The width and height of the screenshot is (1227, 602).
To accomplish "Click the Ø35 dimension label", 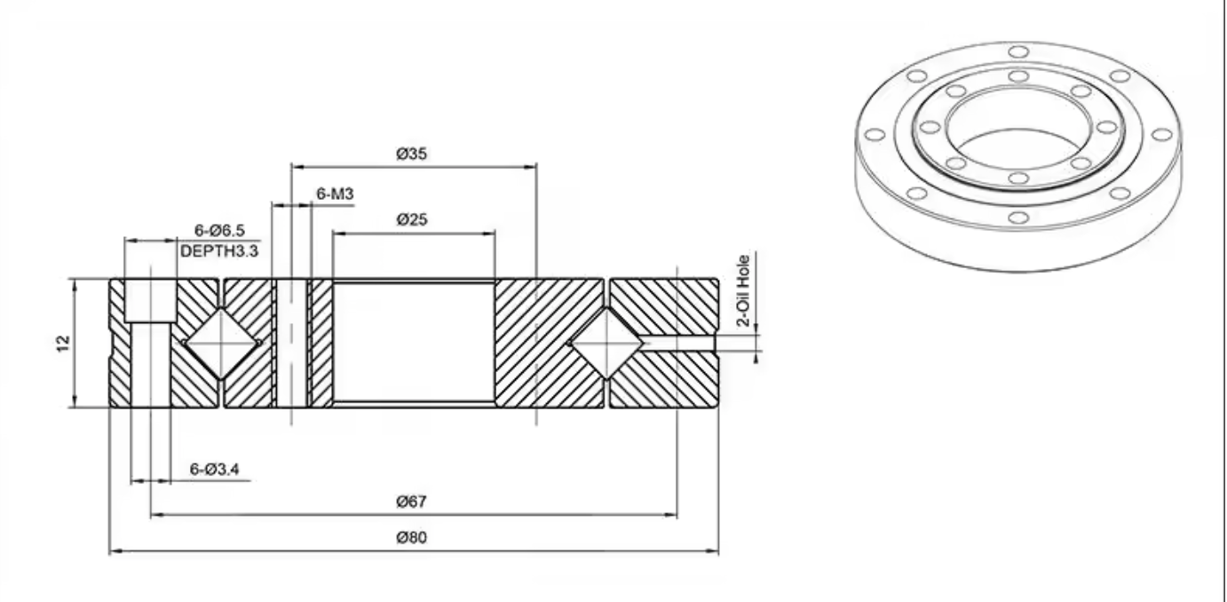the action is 411,154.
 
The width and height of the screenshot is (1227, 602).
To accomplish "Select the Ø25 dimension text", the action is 411,219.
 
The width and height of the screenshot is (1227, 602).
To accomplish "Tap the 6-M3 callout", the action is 336,194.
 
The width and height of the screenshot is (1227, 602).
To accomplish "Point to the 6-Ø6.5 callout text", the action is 219,231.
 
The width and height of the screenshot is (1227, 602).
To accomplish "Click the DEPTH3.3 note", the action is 219,251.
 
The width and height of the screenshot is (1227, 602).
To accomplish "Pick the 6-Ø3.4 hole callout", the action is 214,470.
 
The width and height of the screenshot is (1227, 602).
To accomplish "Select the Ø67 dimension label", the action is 411,501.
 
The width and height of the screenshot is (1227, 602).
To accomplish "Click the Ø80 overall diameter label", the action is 411,537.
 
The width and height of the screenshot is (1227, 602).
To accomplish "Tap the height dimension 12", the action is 64,344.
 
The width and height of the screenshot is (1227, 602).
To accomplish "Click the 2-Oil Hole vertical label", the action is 743,291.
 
